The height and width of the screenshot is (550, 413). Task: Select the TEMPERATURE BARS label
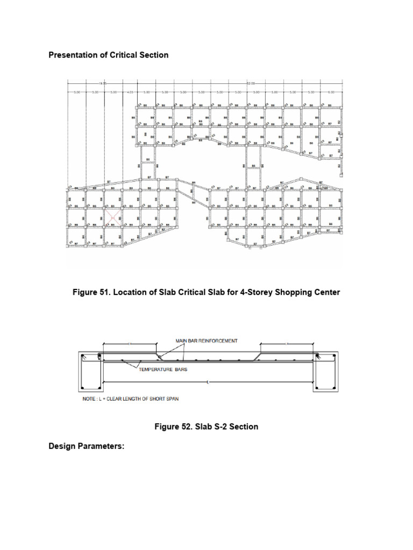tap(163, 370)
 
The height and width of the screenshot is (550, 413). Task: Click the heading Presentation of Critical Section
tap(109, 55)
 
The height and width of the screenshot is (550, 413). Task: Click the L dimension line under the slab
tap(207, 382)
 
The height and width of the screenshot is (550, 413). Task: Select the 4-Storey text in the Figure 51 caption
tap(253, 292)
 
